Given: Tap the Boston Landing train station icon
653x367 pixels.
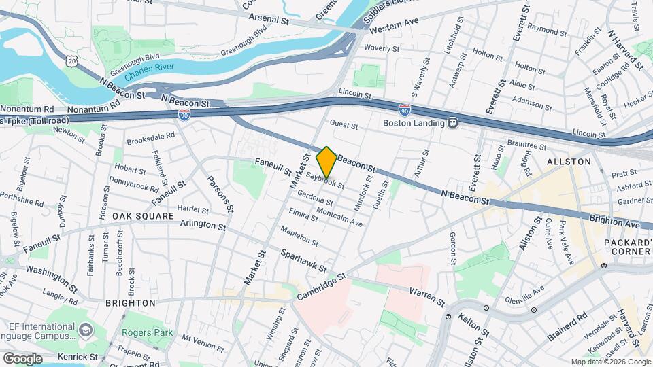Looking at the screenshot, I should pos(452,123).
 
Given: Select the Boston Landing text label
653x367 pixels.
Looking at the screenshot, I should pos(412,123).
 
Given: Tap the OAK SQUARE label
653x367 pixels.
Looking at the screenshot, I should pos(144,215).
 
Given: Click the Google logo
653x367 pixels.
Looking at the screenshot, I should pos(22,358).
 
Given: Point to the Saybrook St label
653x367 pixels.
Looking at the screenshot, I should pos(325,180).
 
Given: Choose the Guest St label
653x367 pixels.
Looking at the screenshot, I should pos(344,124).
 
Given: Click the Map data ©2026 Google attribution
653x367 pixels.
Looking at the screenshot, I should pos(611,362).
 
